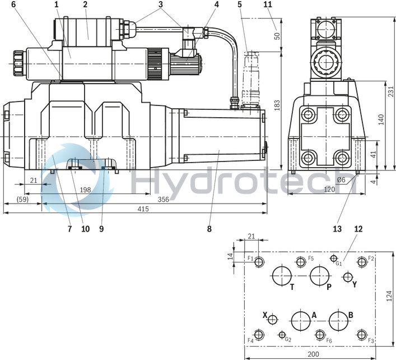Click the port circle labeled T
point(281,275)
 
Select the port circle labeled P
point(320,275)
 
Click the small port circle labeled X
point(272,320)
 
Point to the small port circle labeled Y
point(348,277)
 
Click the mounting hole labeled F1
point(258,262)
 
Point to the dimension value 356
point(164,199)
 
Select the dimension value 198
point(85,190)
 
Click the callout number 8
point(209,229)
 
